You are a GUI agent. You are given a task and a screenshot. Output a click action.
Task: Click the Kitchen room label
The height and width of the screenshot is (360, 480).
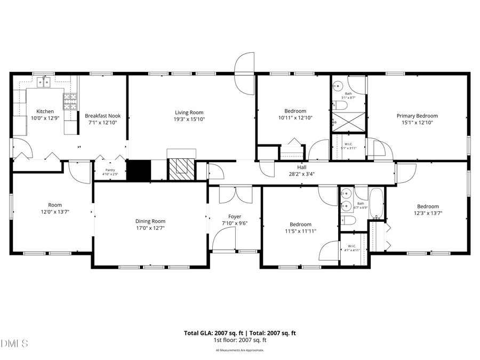(45, 111)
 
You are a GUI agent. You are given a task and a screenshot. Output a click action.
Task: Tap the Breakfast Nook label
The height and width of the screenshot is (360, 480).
(102, 116)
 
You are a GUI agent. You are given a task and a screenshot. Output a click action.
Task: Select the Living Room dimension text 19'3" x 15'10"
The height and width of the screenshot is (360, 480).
(189, 119)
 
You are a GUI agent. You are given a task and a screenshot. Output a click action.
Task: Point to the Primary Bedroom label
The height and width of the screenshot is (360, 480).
(417, 116)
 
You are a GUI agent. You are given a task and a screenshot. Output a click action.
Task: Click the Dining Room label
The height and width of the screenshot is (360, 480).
(150, 221)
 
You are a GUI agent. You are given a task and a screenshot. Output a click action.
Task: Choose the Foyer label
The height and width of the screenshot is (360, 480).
(235, 217)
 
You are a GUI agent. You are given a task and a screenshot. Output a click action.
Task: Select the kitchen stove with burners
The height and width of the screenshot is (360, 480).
(70, 101)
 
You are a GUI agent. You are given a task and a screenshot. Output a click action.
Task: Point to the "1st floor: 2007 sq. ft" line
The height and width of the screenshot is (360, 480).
(240, 340)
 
